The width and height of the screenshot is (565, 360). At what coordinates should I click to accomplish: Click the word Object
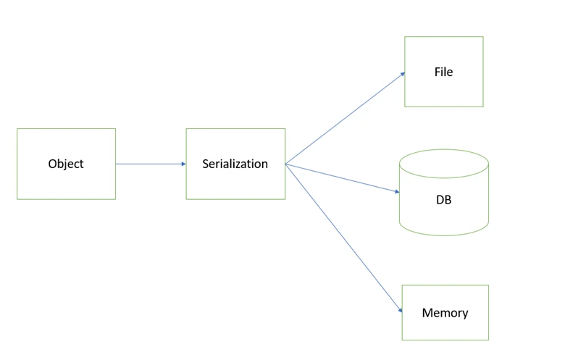[x=66, y=164]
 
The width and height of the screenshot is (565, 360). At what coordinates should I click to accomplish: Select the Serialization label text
[x=235, y=164]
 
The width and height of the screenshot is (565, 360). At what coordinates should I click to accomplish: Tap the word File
[x=443, y=72]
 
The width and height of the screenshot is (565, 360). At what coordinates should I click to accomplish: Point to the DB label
[x=443, y=200]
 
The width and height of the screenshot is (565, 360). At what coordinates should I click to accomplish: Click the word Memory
[x=445, y=313]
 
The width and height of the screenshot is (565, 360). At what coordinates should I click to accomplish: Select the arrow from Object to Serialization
[x=151, y=164]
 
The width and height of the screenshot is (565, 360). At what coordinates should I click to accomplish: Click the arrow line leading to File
[x=346, y=118]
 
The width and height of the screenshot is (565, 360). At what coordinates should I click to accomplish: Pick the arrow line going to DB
[x=343, y=178]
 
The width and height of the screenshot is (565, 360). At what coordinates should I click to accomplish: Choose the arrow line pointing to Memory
[x=344, y=238]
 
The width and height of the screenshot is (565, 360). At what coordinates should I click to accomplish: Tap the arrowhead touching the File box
[x=403, y=74]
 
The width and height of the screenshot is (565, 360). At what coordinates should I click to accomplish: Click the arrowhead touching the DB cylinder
[x=398, y=192]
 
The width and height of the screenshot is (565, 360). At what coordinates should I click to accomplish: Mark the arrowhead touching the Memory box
[x=401, y=310]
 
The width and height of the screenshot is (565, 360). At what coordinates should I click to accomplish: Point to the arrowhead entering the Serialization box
[x=184, y=164]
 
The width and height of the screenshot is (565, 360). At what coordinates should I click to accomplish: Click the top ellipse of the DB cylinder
[x=444, y=149]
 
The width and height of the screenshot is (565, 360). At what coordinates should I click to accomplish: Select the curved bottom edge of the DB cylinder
[x=444, y=235]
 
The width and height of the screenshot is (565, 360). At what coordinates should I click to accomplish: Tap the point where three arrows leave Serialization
[x=285, y=164]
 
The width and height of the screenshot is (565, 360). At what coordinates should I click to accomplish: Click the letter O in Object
[x=53, y=164]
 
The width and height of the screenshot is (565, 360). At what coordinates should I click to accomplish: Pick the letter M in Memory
[x=427, y=312]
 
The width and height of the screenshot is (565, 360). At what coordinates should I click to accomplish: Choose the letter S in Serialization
[x=206, y=164]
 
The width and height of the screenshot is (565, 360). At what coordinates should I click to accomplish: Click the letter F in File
[x=438, y=72]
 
